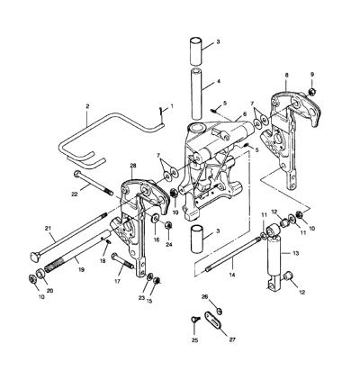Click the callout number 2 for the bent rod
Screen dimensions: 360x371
(87, 106)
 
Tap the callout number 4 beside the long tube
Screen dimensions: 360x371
(219, 81)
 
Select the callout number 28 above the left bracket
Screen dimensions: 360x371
(133, 166)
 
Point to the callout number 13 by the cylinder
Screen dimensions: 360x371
(296, 253)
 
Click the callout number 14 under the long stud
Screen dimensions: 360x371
(232, 275)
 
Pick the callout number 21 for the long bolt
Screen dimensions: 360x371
(48, 229)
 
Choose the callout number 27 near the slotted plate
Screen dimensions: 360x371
(232, 339)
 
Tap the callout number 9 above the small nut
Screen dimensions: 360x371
(312, 74)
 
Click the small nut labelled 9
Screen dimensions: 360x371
(312, 91)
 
